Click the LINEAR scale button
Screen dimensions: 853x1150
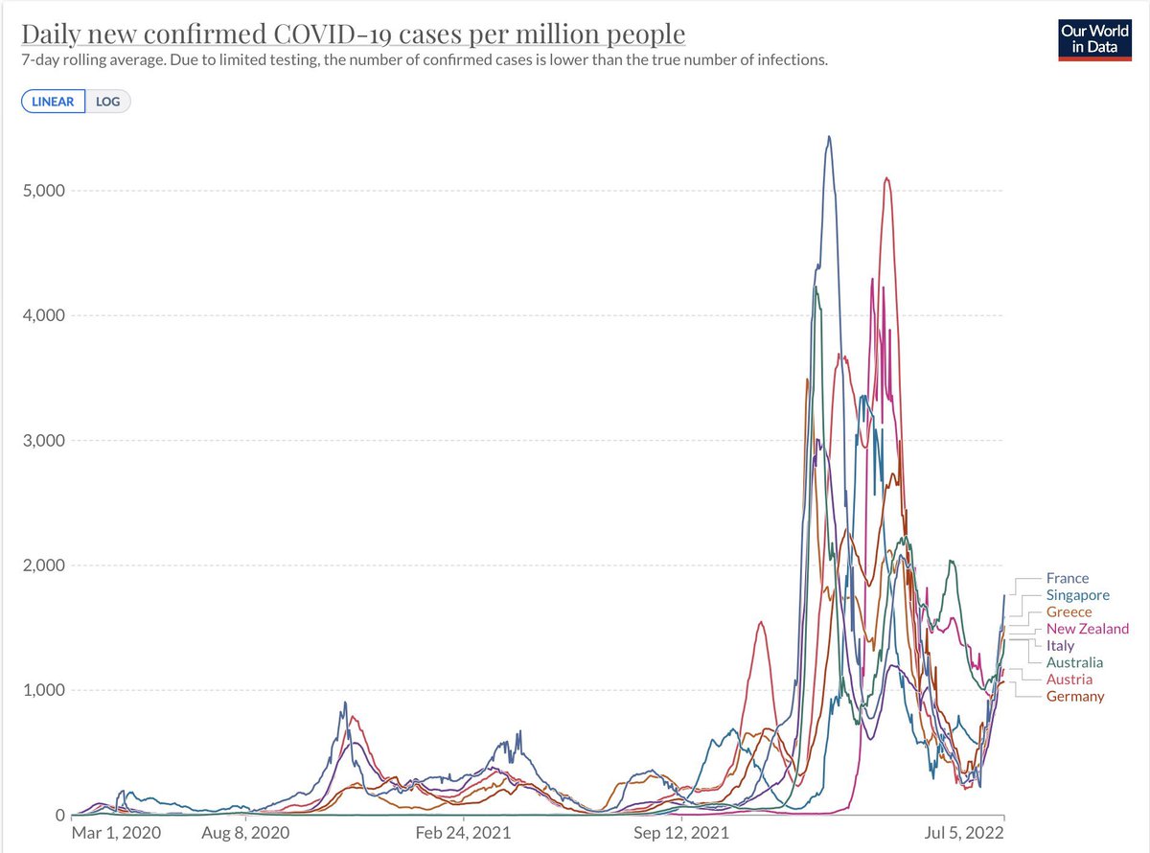coord(53,102)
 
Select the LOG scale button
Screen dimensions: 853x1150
coord(108,102)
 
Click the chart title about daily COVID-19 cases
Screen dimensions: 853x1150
coord(354,35)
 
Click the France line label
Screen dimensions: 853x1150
coord(1067,578)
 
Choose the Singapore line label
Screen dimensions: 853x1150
coord(1077,595)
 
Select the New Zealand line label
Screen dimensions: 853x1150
coord(1087,629)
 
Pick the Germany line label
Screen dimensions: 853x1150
coord(1074,696)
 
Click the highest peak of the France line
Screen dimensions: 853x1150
coord(829,136)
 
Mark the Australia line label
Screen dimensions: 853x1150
coord(1074,662)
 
